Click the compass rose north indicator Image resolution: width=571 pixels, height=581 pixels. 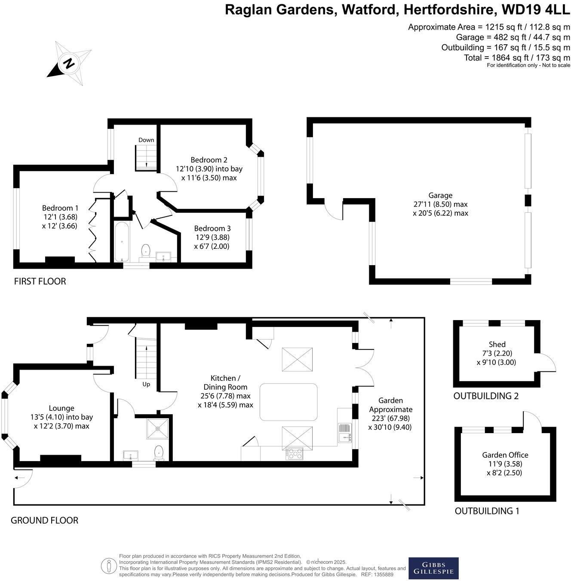tap(68, 64)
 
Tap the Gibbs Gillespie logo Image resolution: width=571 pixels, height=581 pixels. tap(433, 568)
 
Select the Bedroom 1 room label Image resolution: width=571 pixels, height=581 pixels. tap(60, 208)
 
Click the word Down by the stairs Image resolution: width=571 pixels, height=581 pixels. tap(146, 140)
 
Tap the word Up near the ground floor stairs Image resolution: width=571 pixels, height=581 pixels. tap(146, 384)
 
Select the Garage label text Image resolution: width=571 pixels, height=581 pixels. tap(440, 196)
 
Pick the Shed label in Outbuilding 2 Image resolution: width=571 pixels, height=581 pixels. tap(497, 344)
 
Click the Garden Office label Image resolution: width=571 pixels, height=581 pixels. tap(505, 455)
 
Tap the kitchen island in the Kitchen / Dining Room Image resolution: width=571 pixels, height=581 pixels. tap(289, 402)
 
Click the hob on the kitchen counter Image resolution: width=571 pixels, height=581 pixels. tap(295, 453)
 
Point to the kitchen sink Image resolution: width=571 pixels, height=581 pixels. tap(345, 433)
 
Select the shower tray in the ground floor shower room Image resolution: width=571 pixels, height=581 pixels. tap(158, 428)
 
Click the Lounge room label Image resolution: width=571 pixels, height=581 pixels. tap(61, 408)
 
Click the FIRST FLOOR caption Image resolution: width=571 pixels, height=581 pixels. tap(40, 281)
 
